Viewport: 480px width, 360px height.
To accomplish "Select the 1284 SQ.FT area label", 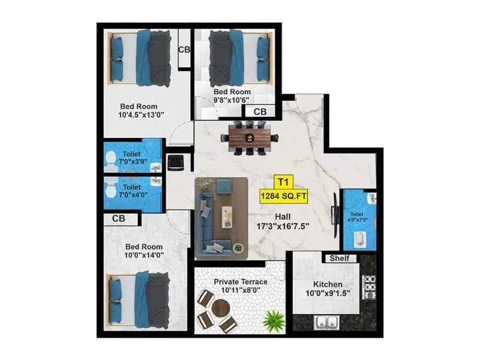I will pos(283,196).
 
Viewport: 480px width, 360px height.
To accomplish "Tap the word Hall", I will pos(283,217).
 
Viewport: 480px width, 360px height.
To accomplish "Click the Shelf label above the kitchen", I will pos(340,258).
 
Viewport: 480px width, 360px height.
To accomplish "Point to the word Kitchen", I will pos(328,284).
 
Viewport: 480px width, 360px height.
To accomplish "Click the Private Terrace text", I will pos(240,281).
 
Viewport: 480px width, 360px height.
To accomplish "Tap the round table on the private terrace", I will pos(221,309).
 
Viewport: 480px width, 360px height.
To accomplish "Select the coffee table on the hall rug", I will pos(227,214).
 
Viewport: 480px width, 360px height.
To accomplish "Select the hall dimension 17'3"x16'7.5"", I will pos(284,227).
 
